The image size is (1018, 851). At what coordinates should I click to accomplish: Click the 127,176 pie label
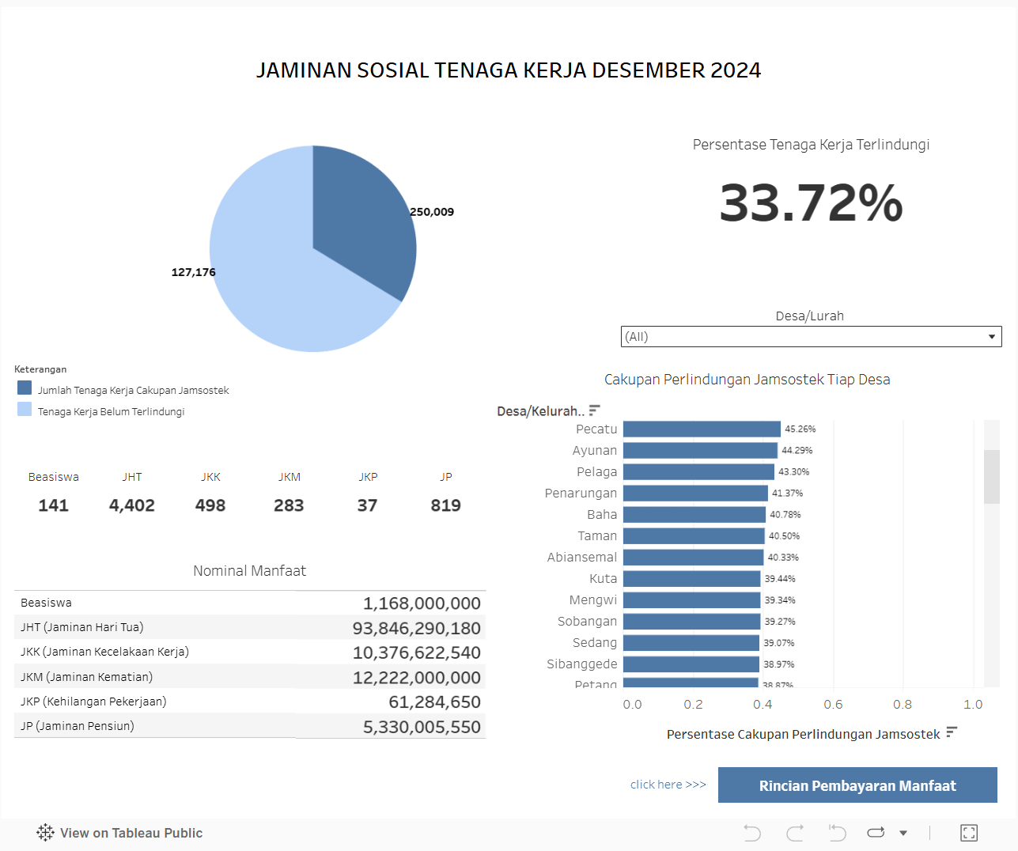(x=193, y=272)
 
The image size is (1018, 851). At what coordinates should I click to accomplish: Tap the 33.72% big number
(x=811, y=203)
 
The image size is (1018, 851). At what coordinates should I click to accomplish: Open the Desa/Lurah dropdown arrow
(x=991, y=337)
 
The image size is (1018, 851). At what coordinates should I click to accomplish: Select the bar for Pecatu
(x=702, y=429)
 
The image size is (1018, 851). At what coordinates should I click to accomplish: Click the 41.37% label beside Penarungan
(x=787, y=493)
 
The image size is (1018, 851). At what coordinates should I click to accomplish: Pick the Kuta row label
(x=603, y=578)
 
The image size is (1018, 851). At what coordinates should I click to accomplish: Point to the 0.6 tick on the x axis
(x=833, y=704)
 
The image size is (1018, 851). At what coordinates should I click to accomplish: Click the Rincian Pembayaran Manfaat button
(x=857, y=785)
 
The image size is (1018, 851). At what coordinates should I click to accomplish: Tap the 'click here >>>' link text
(x=668, y=785)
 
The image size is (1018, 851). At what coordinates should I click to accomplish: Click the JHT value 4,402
(x=132, y=505)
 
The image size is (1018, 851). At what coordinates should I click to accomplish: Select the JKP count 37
(x=367, y=505)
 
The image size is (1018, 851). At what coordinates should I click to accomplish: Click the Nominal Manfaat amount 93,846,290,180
(x=416, y=628)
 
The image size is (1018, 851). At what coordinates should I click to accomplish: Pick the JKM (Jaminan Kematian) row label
(x=87, y=677)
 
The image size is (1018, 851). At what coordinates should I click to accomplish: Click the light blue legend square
(x=25, y=409)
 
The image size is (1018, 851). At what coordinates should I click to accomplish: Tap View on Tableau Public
(x=120, y=833)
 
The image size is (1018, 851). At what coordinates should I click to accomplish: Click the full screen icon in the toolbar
(x=969, y=833)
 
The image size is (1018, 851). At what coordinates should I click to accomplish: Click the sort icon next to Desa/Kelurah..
(x=595, y=410)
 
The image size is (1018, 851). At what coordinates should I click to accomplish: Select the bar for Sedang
(x=691, y=642)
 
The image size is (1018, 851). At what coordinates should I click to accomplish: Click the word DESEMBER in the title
(x=648, y=70)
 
